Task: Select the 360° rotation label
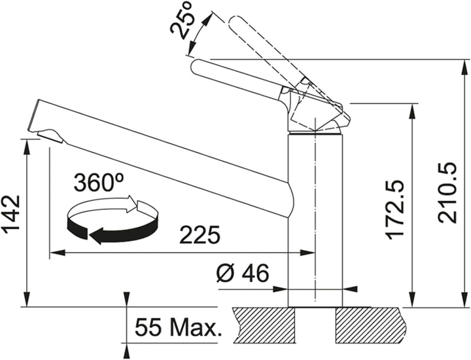tap(99, 182)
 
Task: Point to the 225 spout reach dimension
tap(200, 235)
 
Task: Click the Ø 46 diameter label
tap(243, 274)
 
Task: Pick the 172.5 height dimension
tap(394, 210)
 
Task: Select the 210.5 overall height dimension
tap(447, 193)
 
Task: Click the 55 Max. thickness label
tap(178, 327)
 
